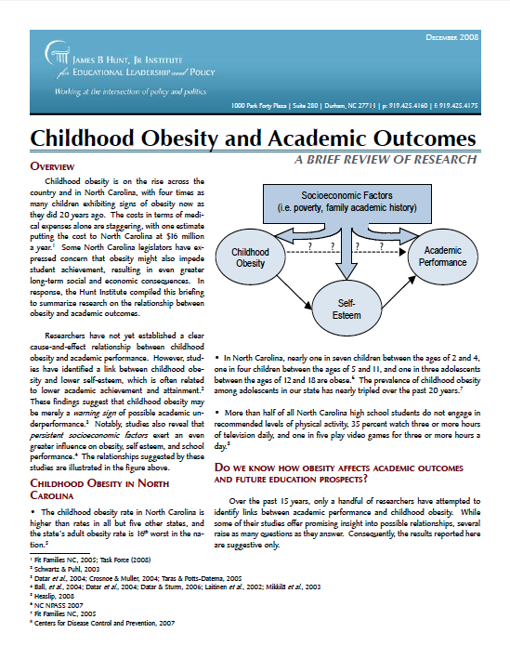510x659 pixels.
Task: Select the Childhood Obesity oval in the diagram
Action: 250,257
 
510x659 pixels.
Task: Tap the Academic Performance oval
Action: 441,257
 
